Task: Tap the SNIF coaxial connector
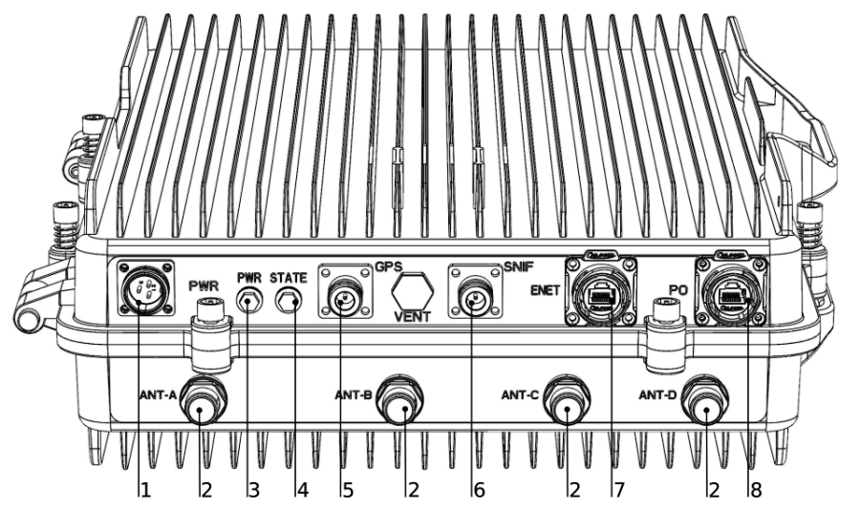point(475,300)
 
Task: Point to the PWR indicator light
point(250,301)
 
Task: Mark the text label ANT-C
point(523,392)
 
